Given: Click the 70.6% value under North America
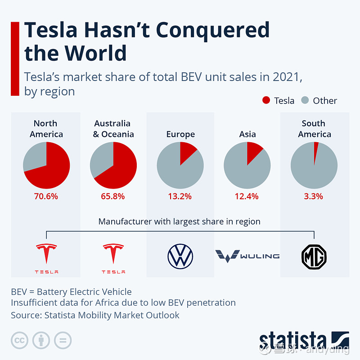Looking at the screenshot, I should point(46,196).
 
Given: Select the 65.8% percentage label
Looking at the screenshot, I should point(113,196).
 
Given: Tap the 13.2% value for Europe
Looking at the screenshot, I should point(180,196).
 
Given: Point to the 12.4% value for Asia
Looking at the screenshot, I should point(247,196).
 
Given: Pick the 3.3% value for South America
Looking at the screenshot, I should point(314,196).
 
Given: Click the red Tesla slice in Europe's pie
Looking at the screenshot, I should point(187,152).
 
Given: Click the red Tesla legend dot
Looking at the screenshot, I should point(266,100).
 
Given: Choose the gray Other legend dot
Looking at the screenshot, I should point(305,100).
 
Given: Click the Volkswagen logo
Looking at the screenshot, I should point(180,256).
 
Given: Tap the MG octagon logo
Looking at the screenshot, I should point(314,257).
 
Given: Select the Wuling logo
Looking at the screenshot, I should point(247,256).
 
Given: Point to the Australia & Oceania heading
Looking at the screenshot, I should point(113,129).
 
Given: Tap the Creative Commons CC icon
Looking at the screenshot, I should point(19,340).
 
